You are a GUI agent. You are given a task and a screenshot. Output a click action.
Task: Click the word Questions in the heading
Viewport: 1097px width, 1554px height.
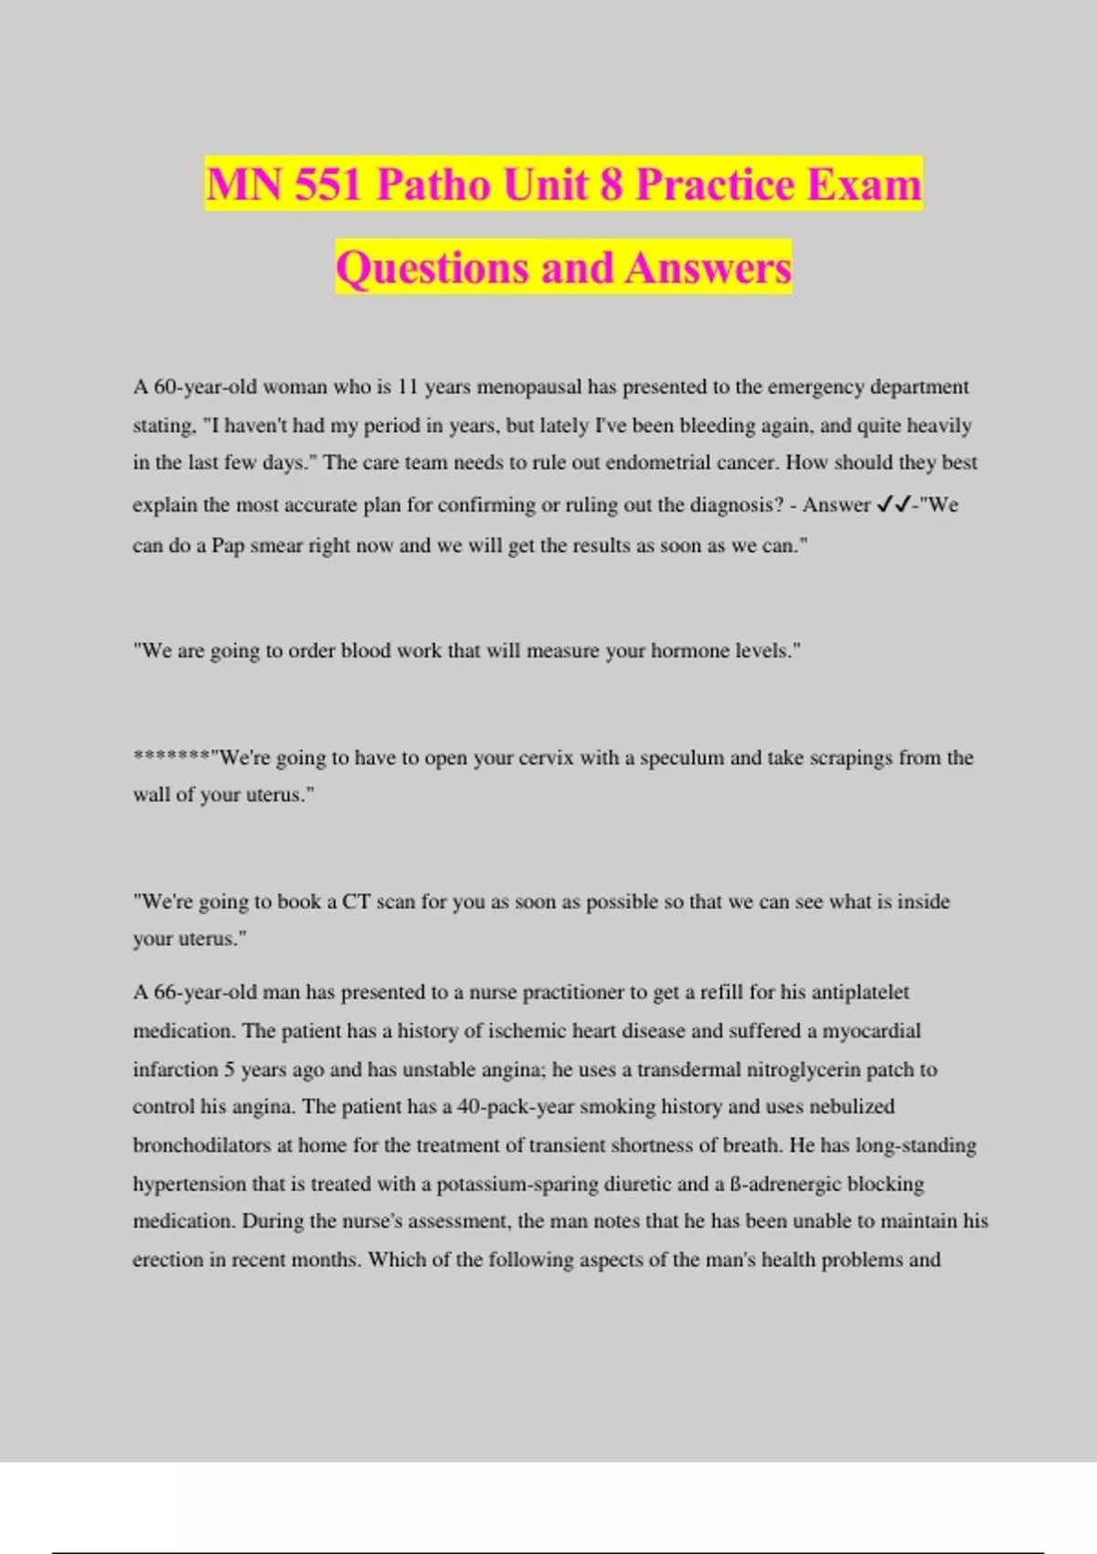(x=432, y=268)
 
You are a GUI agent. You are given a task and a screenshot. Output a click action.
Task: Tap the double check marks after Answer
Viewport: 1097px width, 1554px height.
(x=893, y=505)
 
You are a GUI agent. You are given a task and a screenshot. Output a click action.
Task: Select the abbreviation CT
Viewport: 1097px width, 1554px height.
(x=356, y=901)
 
